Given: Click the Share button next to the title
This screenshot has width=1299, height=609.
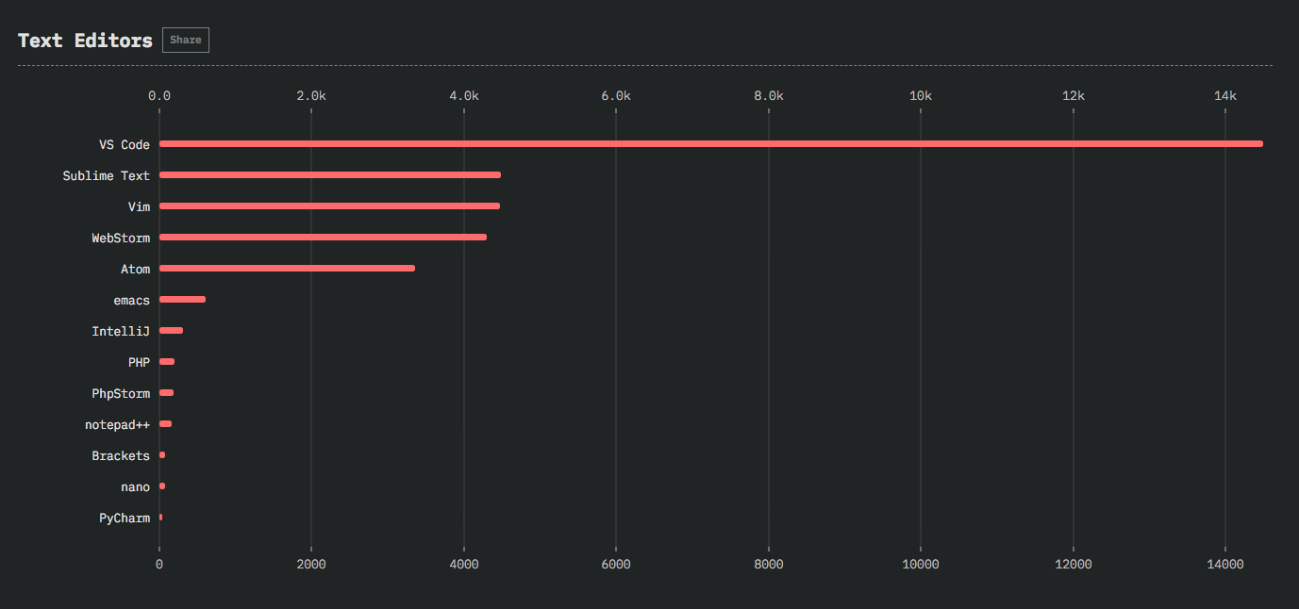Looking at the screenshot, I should coord(186,40).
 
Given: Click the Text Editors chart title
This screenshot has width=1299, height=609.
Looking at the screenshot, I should coord(85,41).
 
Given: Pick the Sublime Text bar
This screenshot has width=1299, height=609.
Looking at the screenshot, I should coord(329,174).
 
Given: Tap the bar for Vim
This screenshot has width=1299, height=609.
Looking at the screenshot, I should coord(329,206).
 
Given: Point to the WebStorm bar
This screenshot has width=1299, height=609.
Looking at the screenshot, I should coord(323,237).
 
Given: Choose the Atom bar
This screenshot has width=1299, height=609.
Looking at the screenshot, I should coord(287,268).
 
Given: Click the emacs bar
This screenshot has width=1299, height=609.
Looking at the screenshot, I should coord(182,299).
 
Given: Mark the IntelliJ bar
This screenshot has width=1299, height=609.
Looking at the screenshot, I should coord(171,330).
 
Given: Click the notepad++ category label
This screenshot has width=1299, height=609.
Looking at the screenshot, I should coord(117,424).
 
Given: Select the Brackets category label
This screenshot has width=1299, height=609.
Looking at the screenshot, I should coord(121,455).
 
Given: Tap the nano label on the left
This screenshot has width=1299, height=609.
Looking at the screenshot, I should coord(135,486).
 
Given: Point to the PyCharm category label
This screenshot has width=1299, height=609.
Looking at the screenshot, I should coord(125,518).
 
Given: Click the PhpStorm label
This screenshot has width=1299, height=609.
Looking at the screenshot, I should coord(121,393).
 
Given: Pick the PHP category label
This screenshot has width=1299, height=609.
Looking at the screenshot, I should coord(139,362).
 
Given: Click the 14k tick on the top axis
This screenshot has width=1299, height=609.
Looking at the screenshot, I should coord(1224,96).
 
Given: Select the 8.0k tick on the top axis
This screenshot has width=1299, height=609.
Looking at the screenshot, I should coord(768,96).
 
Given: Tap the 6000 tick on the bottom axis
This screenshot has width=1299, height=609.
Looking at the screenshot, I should coord(615,564).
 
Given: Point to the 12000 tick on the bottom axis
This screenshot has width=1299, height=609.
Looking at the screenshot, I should coord(1073,564).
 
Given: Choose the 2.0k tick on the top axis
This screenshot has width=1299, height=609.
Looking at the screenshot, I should coord(311,96).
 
